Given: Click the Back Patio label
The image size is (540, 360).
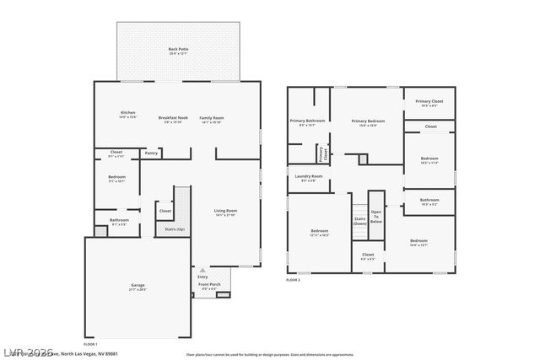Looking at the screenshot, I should [x=178, y=50].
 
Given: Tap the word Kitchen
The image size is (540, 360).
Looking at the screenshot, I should [x=127, y=113].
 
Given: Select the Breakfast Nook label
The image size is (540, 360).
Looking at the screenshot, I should [x=172, y=117].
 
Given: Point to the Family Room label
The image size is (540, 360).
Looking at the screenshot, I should [x=212, y=117].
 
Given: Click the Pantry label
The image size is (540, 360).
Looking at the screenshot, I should [x=151, y=153].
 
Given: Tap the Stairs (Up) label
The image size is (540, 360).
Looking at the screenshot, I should [x=175, y=229].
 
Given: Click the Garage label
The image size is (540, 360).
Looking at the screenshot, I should [x=138, y=285].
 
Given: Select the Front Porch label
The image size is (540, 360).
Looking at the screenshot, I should [x=209, y=284].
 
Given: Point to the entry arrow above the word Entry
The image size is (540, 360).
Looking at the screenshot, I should [x=202, y=270].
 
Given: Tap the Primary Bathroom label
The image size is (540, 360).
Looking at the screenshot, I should [x=308, y=121].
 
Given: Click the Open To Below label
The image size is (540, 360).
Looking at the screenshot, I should [x=375, y=217].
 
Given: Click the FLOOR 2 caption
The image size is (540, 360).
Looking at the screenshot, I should [x=293, y=279].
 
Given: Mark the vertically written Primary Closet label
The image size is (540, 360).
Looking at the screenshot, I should [x=321, y=154].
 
